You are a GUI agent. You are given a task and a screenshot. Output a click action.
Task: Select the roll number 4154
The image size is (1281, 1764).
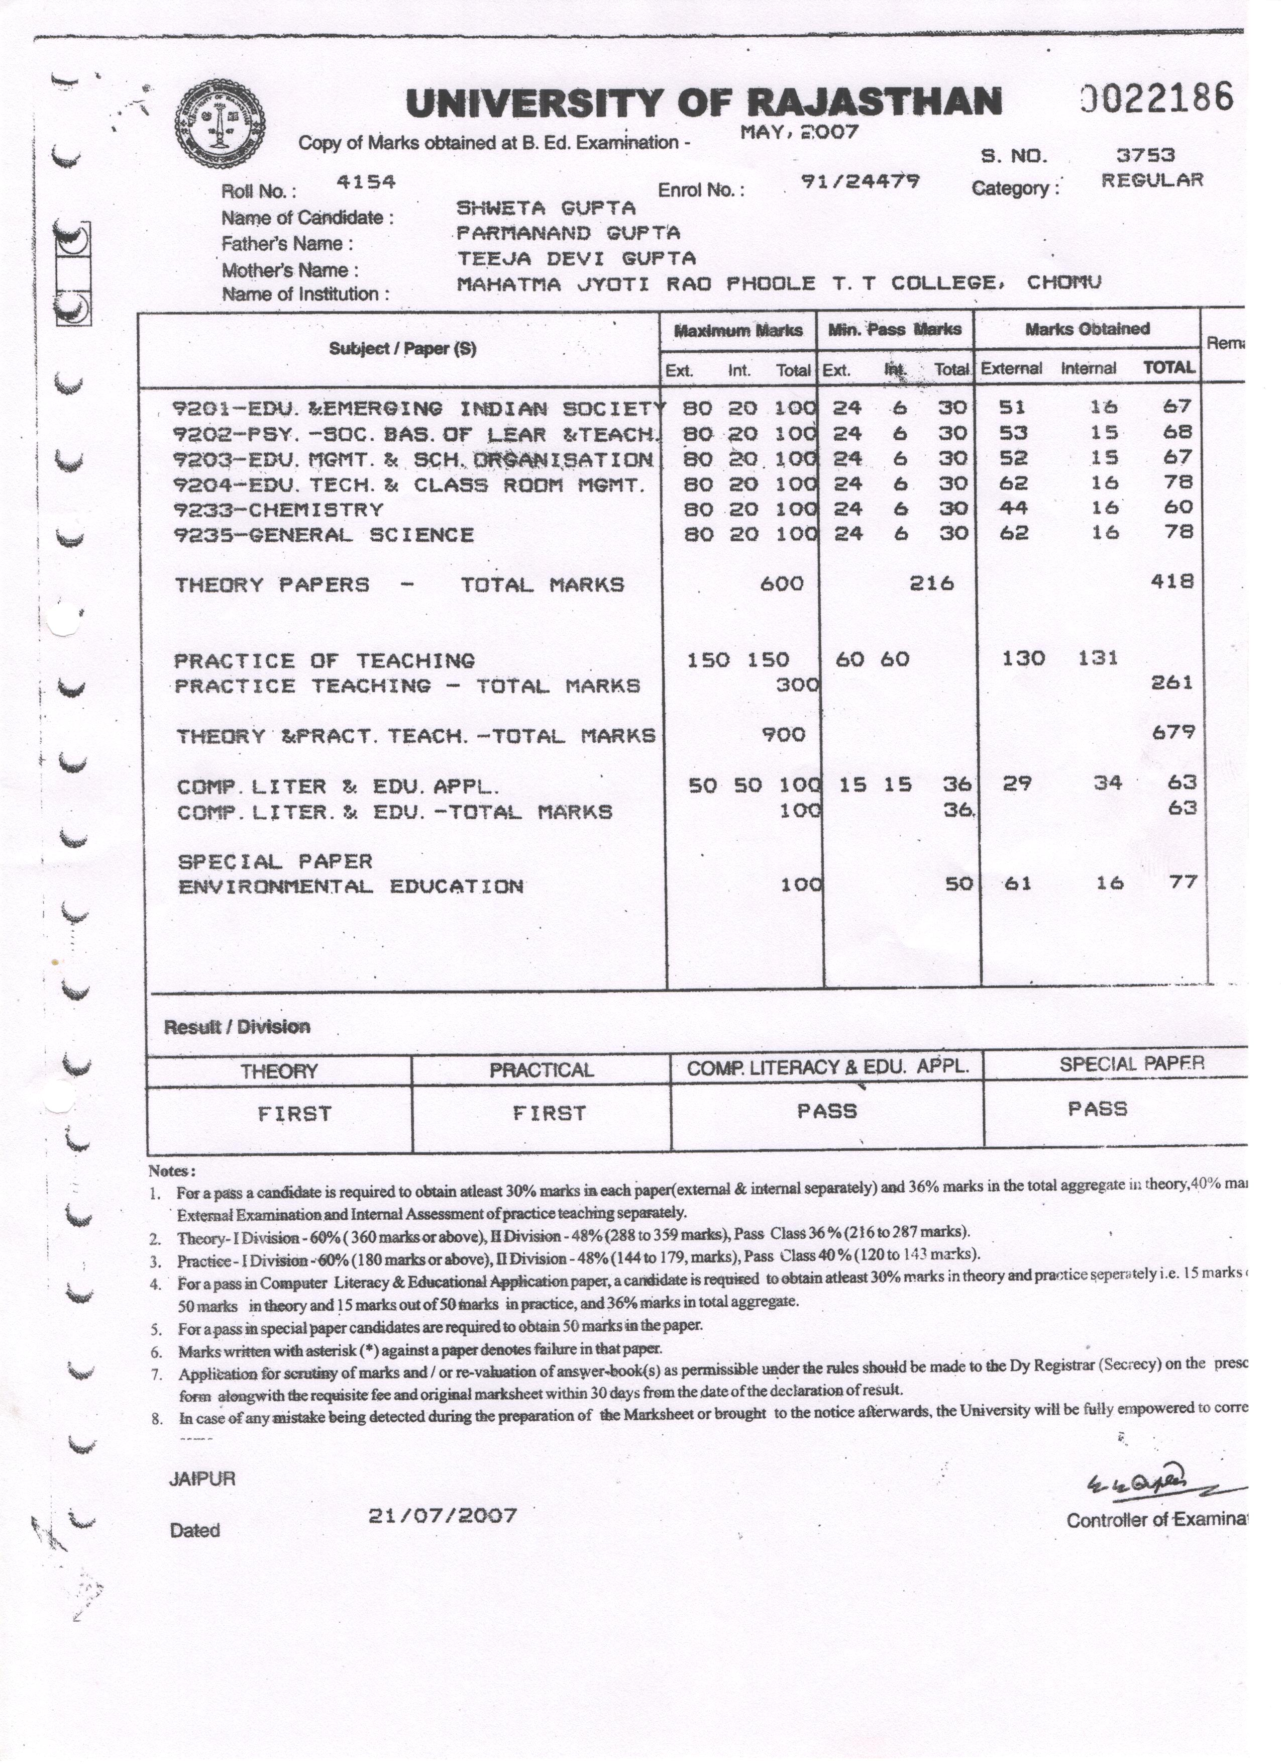pyautogui.click(x=366, y=182)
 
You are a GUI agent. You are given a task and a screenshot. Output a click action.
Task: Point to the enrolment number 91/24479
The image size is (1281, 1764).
pyautogui.click(x=860, y=181)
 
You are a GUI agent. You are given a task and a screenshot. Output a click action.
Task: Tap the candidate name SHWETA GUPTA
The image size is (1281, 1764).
pyautogui.click(x=546, y=208)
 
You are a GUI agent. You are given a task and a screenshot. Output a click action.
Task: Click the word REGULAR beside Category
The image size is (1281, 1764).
pyautogui.click(x=1151, y=180)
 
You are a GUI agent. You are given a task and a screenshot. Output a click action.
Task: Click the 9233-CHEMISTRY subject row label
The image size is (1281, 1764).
pyautogui.click(x=278, y=510)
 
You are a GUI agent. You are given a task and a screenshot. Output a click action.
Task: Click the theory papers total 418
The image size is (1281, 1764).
pyautogui.click(x=1171, y=581)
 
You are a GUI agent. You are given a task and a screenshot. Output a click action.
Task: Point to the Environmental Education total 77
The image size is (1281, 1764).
pyautogui.click(x=1182, y=882)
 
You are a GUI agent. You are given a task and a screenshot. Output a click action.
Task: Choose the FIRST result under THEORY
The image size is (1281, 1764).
pyautogui.click(x=294, y=1114)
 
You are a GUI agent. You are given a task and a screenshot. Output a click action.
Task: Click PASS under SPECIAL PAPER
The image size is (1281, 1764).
pyautogui.click(x=1097, y=1109)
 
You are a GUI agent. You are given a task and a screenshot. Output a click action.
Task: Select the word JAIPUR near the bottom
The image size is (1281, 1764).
pyautogui.click(x=202, y=1480)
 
